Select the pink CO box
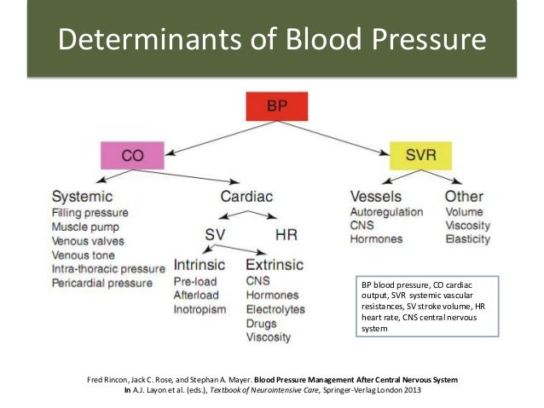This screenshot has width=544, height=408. point(132,156)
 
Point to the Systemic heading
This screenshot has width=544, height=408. point(82,196)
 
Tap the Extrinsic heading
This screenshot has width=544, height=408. point(274,264)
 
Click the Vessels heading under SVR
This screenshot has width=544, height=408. point(377,196)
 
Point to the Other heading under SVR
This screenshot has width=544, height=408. point(464,196)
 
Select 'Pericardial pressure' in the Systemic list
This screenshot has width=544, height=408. point(102,282)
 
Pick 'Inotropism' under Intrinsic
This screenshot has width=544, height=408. point(200,308)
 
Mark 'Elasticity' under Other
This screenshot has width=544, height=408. point(467,240)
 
